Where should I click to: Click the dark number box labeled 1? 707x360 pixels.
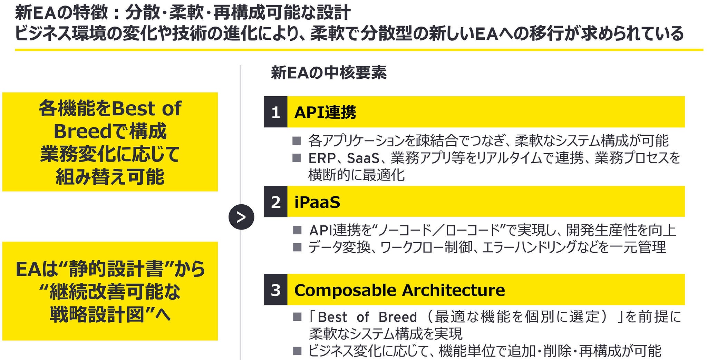[x=275, y=112]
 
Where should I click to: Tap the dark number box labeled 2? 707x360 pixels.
[x=275, y=202]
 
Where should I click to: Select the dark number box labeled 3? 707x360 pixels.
[x=275, y=290]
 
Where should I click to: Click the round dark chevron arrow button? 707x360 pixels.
[x=241, y=217]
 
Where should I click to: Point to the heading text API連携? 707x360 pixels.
[x=325, y=112]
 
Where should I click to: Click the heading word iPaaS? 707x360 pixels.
[x=317, y=202]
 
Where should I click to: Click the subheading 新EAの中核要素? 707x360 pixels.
[x=329, y=72]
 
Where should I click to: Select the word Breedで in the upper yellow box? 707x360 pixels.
[x=91, y=132]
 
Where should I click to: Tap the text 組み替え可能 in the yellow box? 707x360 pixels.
[x=110, y=177]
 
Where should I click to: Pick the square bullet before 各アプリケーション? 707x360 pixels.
[x=297, y=140]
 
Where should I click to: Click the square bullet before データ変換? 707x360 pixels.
[x=297, y=247]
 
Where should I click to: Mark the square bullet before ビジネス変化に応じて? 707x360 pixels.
[x=297, y=351]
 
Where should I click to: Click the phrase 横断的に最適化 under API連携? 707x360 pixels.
[x=356, y=175]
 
